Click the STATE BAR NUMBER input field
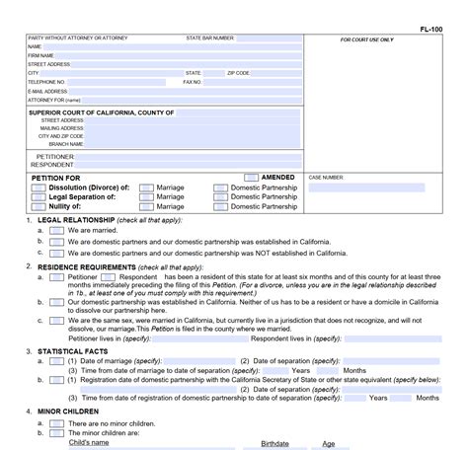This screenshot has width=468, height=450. [x=269, y=37]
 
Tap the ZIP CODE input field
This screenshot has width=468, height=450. [x=276, y=73]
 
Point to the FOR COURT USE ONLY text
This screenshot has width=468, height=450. [x=366, y=39]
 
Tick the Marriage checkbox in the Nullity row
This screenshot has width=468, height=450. [x=146, y=206]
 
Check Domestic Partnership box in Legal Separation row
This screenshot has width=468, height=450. [x=220, y=196]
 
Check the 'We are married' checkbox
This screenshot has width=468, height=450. [x=56, y=229]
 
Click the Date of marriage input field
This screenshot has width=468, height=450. [x=197, y=361]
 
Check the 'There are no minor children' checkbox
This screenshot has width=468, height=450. [x=56, y=422]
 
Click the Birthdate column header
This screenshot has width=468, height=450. [x=274, y=443]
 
